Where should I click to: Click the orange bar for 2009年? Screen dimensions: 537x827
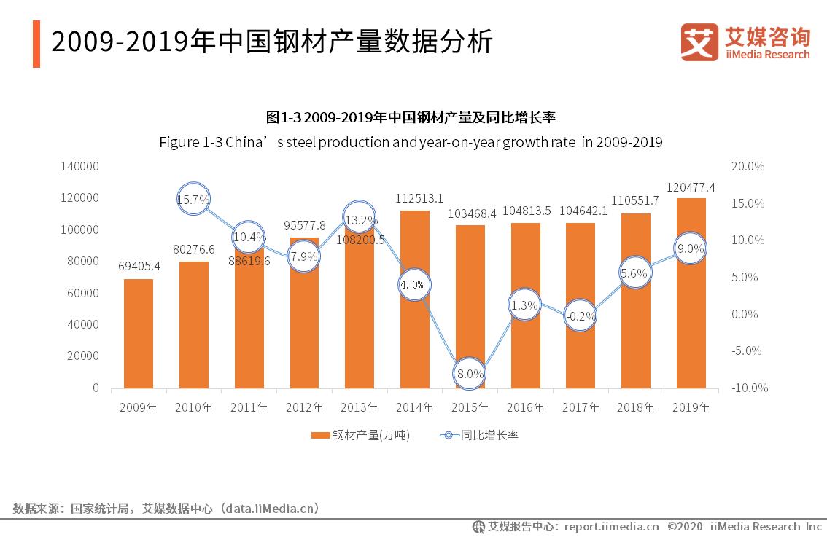point(139,333)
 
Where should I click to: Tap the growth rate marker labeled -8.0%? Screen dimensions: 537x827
point(469,374)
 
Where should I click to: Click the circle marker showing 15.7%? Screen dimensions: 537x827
point(193,199)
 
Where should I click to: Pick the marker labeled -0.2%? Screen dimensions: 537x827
point(580,315)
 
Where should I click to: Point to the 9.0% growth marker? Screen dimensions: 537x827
point(691,248)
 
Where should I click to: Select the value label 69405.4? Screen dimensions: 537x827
point(139,266)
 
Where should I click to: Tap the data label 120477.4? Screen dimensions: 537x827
point(691,187)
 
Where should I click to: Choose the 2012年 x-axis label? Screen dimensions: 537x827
point(304,407)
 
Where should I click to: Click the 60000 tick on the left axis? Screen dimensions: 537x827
point(83,293)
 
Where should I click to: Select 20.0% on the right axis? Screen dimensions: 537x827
point(747,166)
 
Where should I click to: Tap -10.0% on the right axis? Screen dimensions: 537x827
point(748,388)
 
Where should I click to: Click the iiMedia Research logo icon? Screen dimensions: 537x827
point(699,42)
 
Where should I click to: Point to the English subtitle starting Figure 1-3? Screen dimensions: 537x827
point(411,142)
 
